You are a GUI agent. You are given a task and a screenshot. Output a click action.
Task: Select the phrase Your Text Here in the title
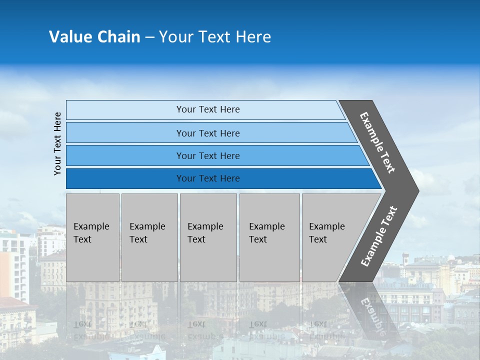[x=215, y=37]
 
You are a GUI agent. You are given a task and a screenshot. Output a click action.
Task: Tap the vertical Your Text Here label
[x=57, y=144]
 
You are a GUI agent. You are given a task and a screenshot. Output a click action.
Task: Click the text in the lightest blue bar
[x=208, y=109]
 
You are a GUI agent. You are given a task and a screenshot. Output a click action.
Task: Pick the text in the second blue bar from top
[x=208, y=133]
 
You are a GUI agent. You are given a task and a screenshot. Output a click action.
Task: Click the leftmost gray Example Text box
[x=92, y=237]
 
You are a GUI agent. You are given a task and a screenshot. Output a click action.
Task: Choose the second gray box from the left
[x=149, y=237]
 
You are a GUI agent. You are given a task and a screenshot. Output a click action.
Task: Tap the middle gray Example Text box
[x=208, y=237]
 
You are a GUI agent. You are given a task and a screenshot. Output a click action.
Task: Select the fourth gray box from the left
[x=269, y=237]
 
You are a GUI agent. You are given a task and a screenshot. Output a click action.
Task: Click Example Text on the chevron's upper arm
[x=377, y=142]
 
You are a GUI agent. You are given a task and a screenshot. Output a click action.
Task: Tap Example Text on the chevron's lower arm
[x=379, y=236]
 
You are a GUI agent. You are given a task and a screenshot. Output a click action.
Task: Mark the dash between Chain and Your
[x=149, y=37]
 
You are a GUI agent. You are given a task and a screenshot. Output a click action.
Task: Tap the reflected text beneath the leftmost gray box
[x=91, y=330]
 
